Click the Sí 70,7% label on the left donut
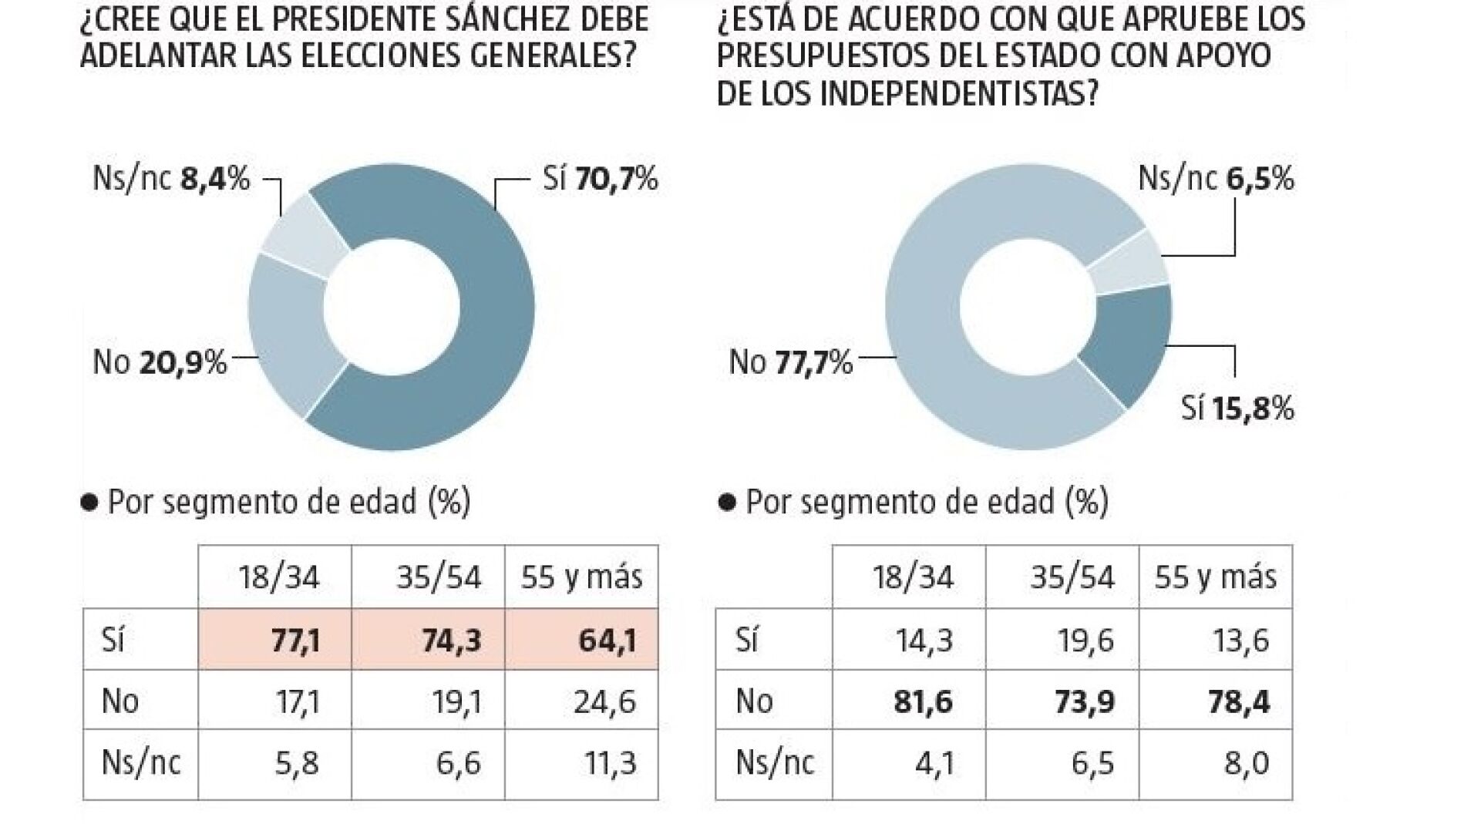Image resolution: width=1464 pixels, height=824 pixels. (x=600, y=180)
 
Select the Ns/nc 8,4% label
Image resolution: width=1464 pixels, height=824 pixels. (x=171, y=180)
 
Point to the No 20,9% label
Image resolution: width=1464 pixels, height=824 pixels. (x=160, y=362)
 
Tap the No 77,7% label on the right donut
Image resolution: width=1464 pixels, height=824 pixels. (x=791, y=362)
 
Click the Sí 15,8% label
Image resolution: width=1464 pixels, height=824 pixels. (x=1237, y=409)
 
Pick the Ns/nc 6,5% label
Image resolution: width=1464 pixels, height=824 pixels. (x=1216, y=180)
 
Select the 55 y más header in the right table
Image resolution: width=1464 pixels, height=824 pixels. (x=1215, y=577)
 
